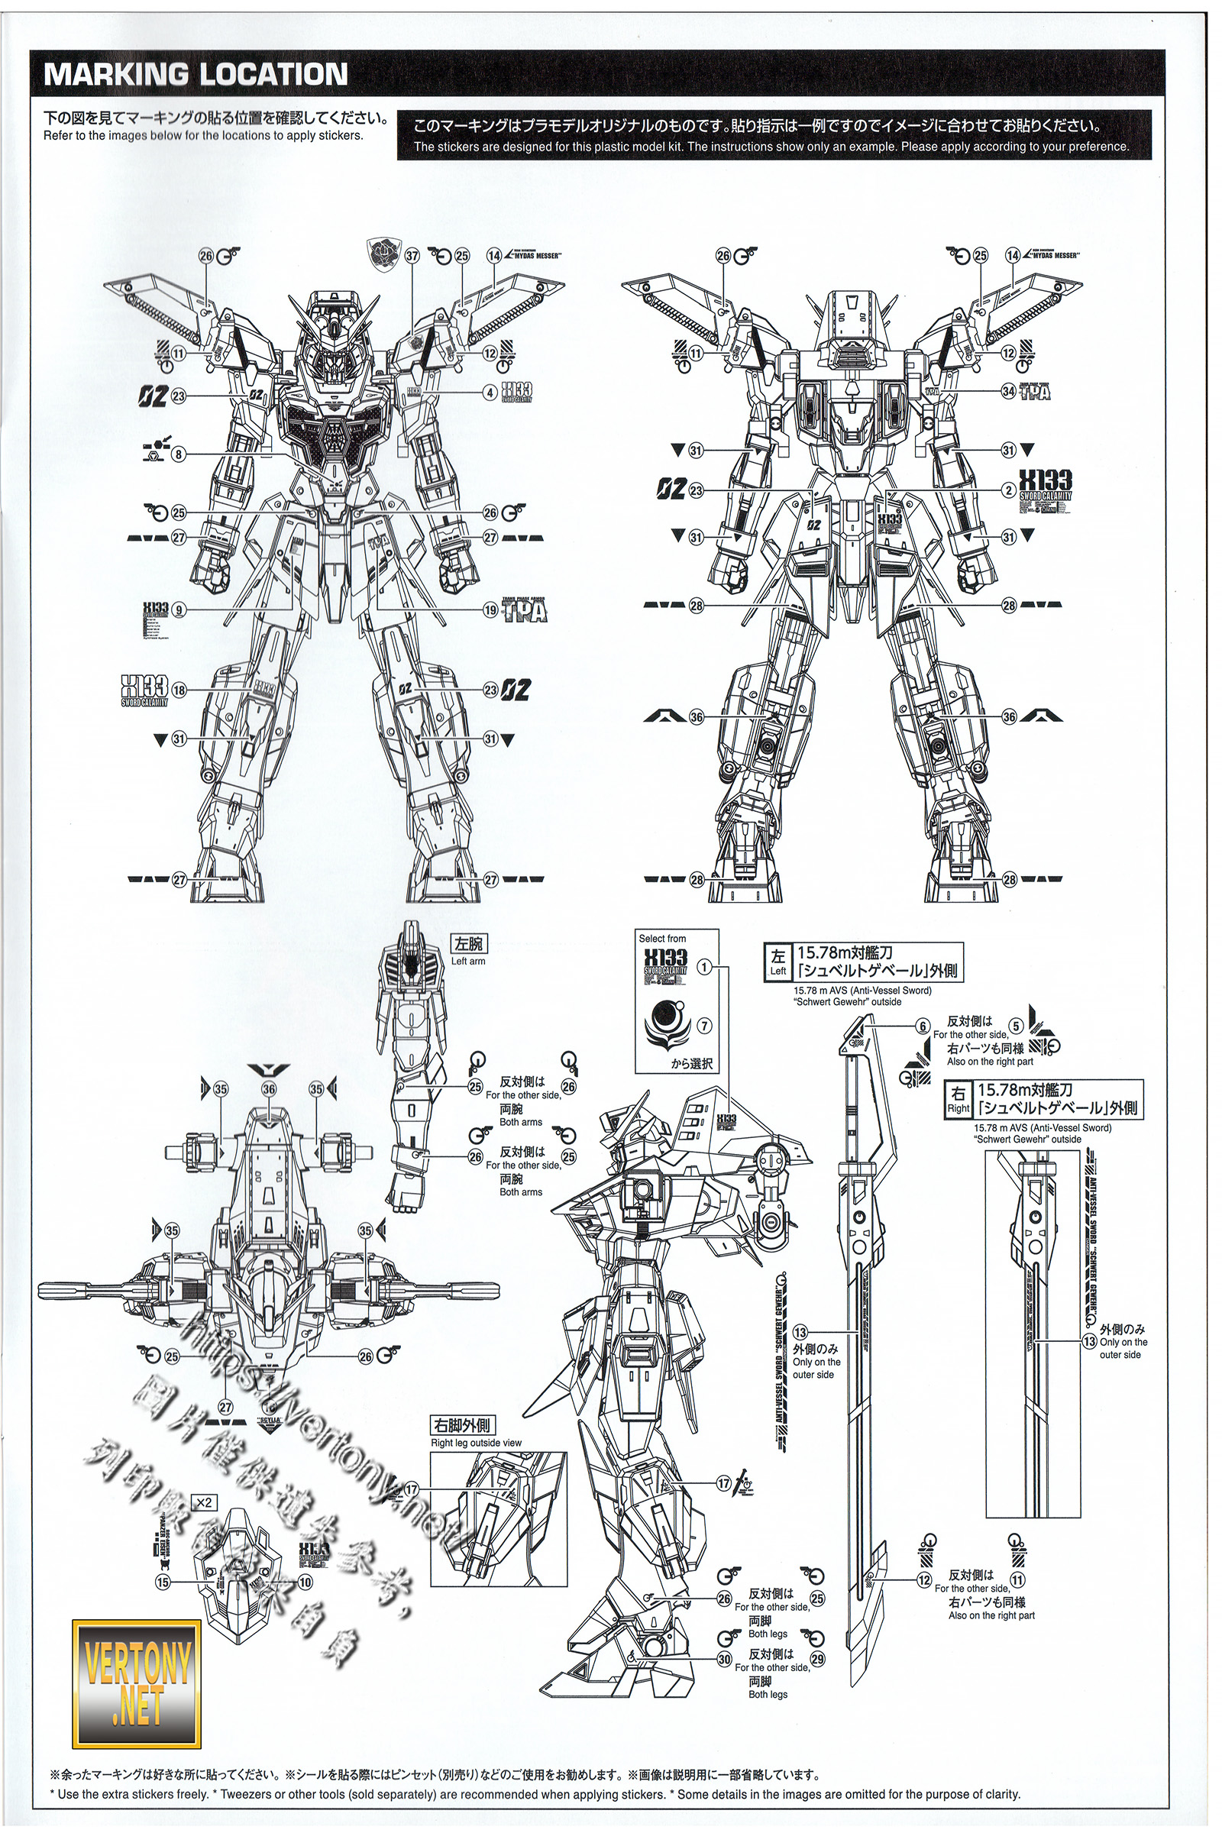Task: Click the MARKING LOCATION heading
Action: (196, 75)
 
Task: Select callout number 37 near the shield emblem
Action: (412, 256)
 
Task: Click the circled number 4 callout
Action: (490, 393)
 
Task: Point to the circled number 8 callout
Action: (179, 454)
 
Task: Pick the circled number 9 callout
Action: (180, 609)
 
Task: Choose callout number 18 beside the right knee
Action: (179, 690)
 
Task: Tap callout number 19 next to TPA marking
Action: (490, 609)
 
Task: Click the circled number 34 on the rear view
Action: (1008, 391)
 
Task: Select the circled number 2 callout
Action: (1008, 490)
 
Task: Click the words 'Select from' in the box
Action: (662, 939)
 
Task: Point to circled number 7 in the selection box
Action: (703, 1026)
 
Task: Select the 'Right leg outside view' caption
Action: (476, 1443)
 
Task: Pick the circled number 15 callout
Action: (162, 1582)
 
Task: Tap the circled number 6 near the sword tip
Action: (923, 1026)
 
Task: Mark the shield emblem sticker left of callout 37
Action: (382, 254)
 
